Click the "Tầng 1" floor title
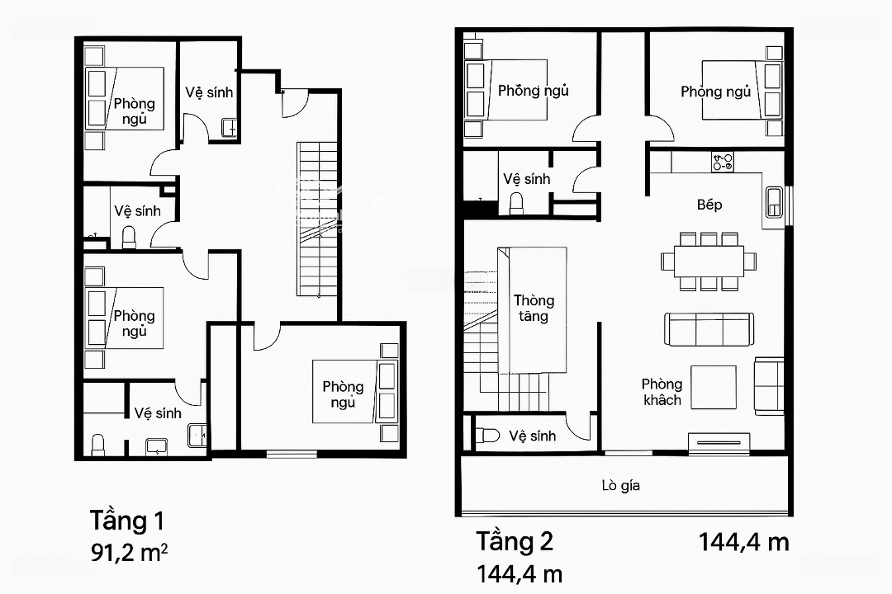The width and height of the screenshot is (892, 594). (127, 521)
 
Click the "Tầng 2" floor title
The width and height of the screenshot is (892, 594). (515, 541)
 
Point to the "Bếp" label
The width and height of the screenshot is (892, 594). (709, 205)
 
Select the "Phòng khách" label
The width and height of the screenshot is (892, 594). (662, 392)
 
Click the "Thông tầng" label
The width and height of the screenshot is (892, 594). (534, 308)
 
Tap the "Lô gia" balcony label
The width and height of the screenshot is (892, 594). (620, 485)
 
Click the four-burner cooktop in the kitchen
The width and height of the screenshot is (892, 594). (723, 162)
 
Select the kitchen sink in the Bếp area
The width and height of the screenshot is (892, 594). (774, 202)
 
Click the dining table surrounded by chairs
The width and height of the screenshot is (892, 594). (709, 262)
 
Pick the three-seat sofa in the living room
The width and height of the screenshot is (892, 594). (709, 329)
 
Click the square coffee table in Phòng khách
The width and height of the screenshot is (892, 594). (714, 387)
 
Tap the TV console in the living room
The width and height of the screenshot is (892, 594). (719, 442)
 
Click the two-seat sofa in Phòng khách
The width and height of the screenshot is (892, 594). (769, 386)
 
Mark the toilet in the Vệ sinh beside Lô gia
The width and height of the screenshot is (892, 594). (487, 436)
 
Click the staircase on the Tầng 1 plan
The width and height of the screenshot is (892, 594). (317, 219)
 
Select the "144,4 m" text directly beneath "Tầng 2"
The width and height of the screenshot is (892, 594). (520, 574)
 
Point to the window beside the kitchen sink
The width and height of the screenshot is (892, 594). (789, 205)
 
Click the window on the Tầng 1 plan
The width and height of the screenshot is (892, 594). (292, 454)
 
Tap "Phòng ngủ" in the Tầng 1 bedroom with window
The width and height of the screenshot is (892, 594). (343, 394)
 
